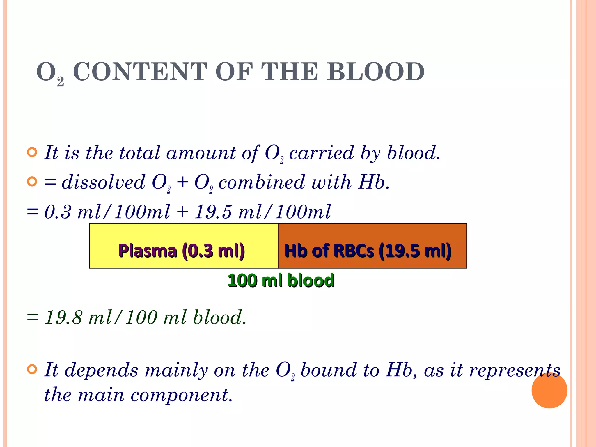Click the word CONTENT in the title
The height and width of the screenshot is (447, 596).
click(x=140, y=72)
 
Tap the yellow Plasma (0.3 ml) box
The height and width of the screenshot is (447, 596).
click(x=183, y=246)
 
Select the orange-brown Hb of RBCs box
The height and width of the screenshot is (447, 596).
click(x=372, y=246)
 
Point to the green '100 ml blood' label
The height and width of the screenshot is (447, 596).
click(x=281, y=281)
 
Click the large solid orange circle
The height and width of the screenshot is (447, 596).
click(x=549, y=390)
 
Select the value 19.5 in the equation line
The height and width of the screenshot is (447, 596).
click(x=213, y=212)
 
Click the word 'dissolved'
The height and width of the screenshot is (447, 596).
click(x=103, y=182)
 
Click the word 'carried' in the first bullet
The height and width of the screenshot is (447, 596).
click(x=321, y=153)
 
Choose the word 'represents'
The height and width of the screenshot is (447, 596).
click(x=515, y=370)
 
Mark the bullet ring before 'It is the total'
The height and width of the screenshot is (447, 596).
click(x=32, y=152)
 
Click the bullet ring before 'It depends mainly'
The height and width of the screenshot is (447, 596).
click(x=32, y=370)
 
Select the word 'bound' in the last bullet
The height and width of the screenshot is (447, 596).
click(x=329, y=370)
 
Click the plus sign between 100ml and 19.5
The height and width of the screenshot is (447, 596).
click(x=182, y=212)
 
